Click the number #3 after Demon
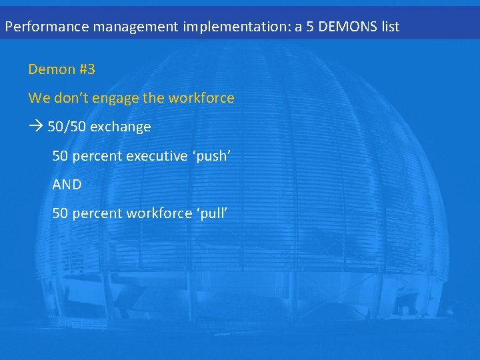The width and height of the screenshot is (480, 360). [x=86, y=69]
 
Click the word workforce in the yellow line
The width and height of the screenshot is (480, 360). [x=201, y=98]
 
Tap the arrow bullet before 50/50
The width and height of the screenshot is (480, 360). [x=35, y=127]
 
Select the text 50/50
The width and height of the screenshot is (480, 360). [x=67, y=127]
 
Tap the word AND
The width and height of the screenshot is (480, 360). [x=67, y=185]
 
